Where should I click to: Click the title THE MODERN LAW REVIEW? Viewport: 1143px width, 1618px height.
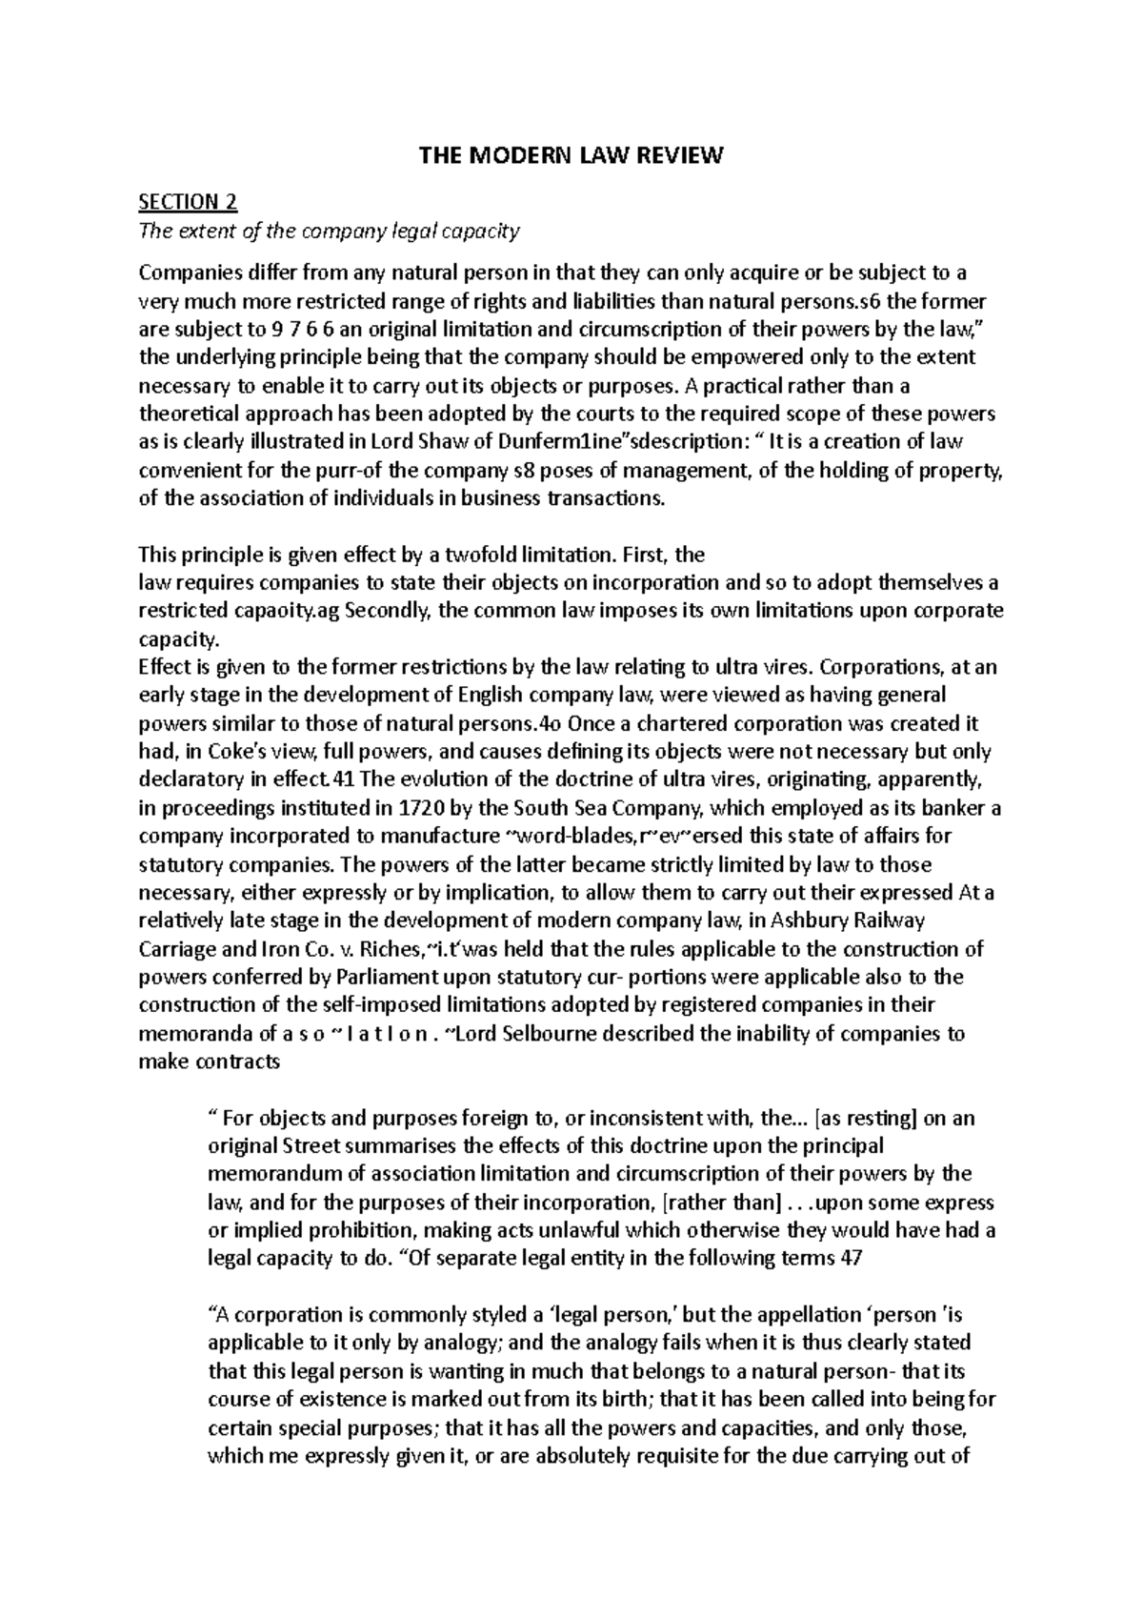coord(571,155)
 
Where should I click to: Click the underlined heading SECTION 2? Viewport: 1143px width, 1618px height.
coord(188,202)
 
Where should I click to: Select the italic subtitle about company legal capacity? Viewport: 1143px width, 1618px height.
coord(330,231)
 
